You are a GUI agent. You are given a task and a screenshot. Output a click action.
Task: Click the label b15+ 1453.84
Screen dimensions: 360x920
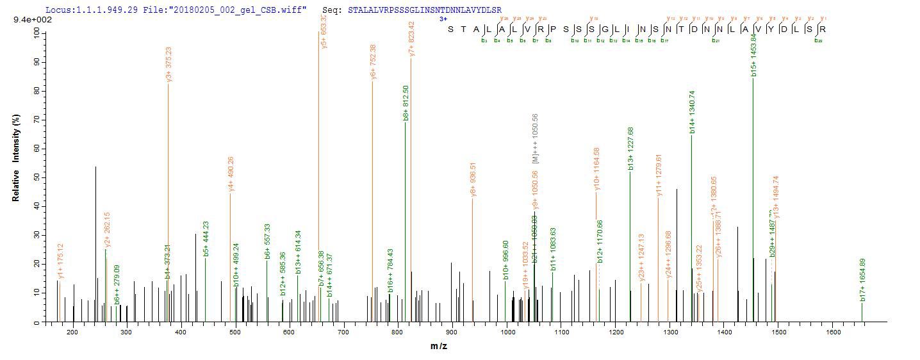[x=754, y=56]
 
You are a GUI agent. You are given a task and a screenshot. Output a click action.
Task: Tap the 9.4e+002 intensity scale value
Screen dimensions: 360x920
[x=33, y=20]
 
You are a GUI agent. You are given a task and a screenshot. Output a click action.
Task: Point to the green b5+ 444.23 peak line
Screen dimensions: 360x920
[x=205, y=288]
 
